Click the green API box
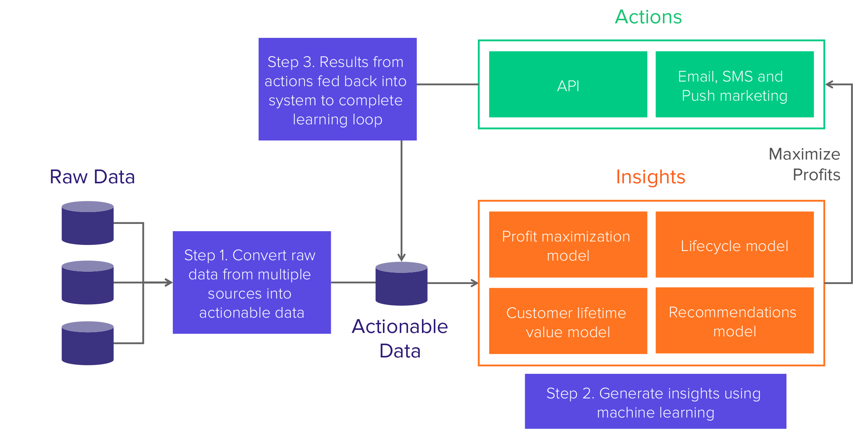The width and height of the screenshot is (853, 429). point(568,85)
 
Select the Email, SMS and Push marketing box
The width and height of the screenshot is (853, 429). point(734,85)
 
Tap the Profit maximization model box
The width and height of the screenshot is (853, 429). point(568,245)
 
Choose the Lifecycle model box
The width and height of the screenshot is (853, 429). point(734,245)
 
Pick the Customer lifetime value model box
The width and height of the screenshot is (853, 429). point(568,321)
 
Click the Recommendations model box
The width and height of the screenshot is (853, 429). point(734,321)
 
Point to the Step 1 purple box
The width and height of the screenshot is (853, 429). point(252,283)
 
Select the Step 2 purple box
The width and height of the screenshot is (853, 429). point(656,402)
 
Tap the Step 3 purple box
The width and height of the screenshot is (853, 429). point(337,89)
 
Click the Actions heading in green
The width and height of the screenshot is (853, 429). point(648,17)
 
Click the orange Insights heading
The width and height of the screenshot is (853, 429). point(651,177)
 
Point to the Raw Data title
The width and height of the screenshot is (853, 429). point(92,177)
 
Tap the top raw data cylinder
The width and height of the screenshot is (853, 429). point(88,223)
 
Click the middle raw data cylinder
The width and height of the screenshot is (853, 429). point(88,283)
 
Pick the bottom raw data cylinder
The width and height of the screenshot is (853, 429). point(88,343)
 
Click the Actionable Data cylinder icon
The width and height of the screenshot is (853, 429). point(401,284)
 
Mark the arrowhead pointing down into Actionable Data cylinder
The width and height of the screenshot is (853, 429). point(402,257)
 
